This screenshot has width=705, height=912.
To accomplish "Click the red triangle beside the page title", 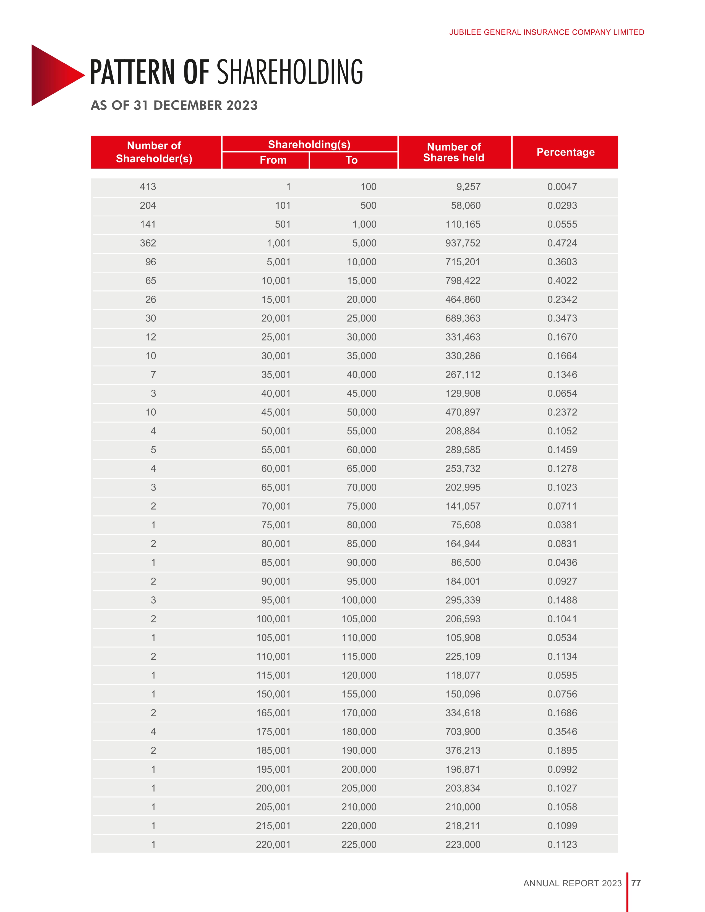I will [54, 75].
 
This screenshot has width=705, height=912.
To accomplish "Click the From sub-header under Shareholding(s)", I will [273, 160].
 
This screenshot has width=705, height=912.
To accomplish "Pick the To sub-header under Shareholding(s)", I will [352, 160].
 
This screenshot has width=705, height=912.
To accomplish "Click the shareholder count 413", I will [148, 187].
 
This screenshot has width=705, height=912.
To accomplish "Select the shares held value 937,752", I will [463, 243].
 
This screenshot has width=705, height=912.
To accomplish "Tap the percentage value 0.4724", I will [562, 243].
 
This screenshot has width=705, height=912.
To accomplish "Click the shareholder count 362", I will [148, 243].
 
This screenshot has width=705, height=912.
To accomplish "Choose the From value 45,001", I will [276, 412].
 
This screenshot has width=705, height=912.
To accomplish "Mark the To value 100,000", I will [359, 600].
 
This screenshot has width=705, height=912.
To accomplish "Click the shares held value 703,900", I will [463, 732].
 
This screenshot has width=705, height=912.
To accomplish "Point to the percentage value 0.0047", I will [562, 187].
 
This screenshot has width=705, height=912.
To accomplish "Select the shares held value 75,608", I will [466, 525].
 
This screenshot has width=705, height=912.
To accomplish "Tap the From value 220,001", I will [273, 844].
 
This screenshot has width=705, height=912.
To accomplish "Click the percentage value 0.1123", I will [562, 844].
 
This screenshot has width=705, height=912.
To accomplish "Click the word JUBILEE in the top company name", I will [465, 32].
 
